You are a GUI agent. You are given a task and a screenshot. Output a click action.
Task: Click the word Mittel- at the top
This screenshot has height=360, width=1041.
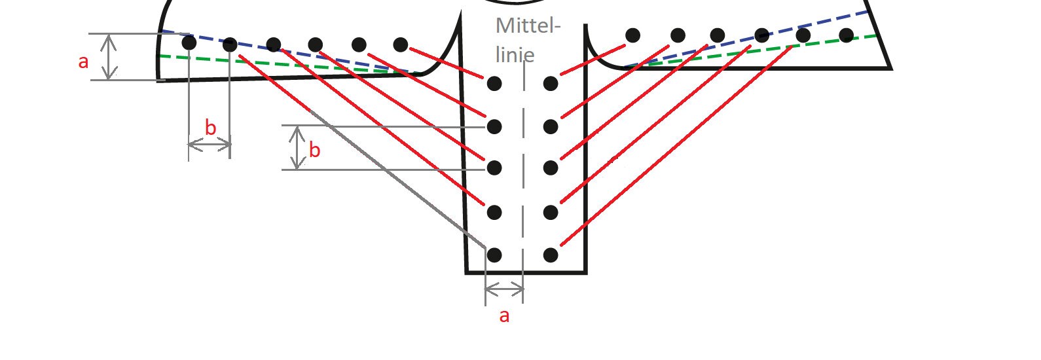click(x=528, y=26)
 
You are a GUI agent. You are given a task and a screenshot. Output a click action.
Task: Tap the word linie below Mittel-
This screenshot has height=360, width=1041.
click(x=515, y=55)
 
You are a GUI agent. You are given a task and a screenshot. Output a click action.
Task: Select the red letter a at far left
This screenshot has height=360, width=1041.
click(x=83, y=62)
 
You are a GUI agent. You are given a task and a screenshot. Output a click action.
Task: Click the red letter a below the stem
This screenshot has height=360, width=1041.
click(x=504, y=316)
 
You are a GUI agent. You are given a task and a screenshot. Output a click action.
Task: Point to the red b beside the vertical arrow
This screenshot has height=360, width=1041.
click(x=315, y=150)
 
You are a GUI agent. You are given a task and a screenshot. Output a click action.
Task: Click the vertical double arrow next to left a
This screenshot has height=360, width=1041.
click(x=109, y=57)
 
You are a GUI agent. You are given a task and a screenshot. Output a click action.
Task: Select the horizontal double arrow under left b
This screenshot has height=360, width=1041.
click(x=210, y=145)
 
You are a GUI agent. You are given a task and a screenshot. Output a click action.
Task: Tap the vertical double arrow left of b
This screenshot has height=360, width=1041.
click(x=297, y=148)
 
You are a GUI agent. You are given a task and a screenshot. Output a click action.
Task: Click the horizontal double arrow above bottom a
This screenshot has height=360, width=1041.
click(x=504, y=289)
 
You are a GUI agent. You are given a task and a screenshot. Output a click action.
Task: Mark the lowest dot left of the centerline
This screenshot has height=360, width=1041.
click(x=494, y=255)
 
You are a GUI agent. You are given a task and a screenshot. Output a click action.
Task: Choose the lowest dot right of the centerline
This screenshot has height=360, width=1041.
click(x=551, y=255)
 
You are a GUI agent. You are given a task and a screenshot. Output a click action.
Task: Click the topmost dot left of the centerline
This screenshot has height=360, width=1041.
click(x=494, y=84)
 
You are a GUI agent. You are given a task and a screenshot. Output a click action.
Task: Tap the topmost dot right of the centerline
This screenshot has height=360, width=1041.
click(x=551, y=84)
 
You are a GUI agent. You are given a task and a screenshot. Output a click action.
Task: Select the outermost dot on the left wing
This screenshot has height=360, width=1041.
click(x=189, y=43)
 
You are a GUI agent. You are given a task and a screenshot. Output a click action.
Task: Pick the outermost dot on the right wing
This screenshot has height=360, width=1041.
click(x=847, y=35)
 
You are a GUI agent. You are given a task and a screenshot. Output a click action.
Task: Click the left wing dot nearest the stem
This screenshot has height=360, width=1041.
click(x=401, y=45)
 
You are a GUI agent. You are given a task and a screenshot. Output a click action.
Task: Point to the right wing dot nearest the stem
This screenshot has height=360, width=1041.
click(x=633, y=35)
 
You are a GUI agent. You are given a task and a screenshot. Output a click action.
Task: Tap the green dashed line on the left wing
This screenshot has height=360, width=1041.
click(x=288, y=65)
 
